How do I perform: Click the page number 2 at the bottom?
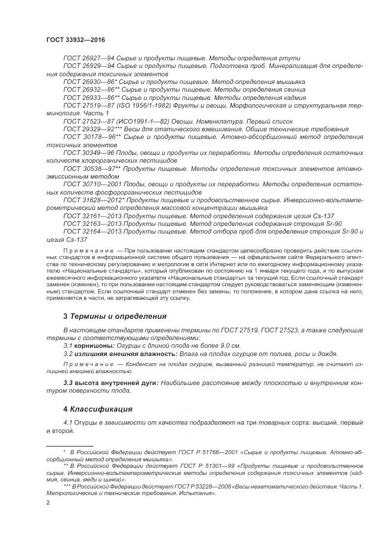48,502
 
